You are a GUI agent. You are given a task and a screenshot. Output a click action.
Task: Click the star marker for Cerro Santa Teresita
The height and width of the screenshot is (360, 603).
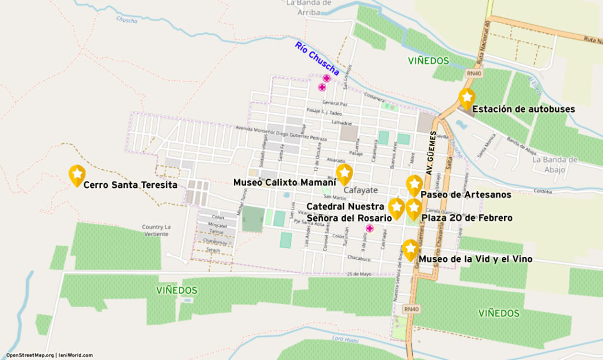pyautogui.click(x=77, y=175)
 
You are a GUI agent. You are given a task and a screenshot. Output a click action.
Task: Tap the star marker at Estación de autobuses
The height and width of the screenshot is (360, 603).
pyautogui.click(x=466, y=98)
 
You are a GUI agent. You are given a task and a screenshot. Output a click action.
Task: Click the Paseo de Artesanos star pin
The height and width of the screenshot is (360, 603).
pyautogui.click(x=415, y=185)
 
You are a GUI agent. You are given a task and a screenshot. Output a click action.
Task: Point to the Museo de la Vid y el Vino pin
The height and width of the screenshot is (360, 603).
pyautogui.click(x=410, y=249)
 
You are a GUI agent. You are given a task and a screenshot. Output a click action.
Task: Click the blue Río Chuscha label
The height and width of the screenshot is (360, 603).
pyautogui.click(x=317, y=59)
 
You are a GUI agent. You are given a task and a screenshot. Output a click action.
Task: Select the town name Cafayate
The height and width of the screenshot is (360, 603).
pyautogui.click(x=361, y=190)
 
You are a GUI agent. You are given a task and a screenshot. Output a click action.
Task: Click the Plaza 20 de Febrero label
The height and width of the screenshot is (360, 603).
pyautogui.click(x=467, y=217)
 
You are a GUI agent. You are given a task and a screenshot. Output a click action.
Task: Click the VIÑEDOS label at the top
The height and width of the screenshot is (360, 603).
pyautogui.click(x=428, y=61)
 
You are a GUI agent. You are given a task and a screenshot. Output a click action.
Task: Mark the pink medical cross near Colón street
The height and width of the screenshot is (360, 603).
pyautogui.click(x=370, y=229)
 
